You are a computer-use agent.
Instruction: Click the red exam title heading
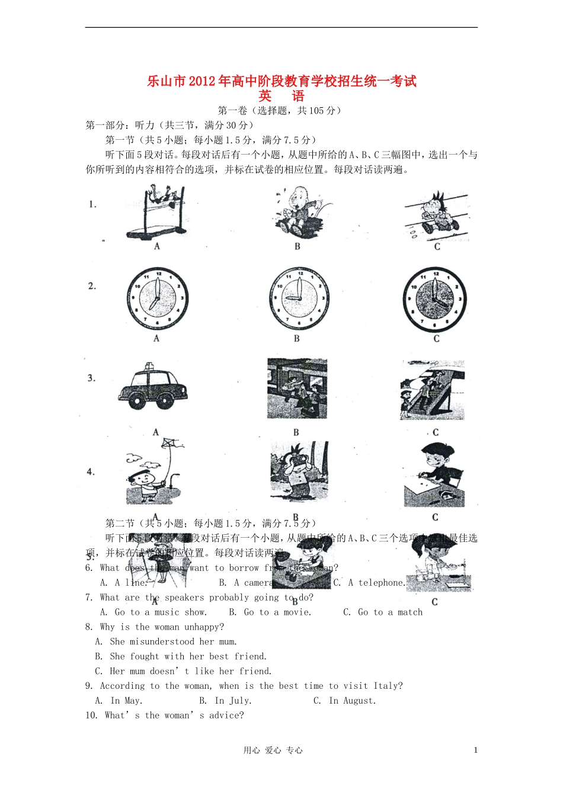point(281,81)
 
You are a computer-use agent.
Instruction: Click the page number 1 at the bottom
point(475,750)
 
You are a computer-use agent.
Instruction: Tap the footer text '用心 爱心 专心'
point(273,750)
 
